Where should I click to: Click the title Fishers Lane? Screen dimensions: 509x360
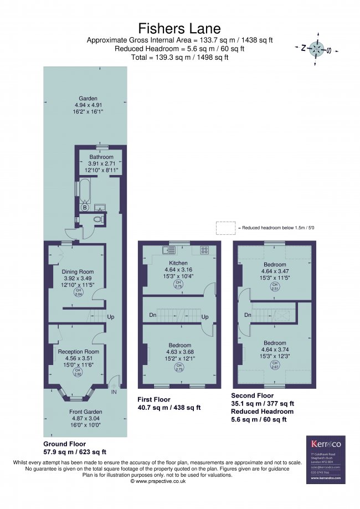(179, 28)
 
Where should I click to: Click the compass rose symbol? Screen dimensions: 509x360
(316, 49)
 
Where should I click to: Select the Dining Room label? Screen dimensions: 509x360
(78, 272)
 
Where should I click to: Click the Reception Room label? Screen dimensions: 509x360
(78, 351)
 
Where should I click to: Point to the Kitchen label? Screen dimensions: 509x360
(178, 263)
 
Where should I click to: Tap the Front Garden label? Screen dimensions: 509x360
(85, 412)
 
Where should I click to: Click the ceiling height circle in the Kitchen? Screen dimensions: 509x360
(178, 285)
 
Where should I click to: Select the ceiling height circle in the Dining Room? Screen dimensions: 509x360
(78, 292)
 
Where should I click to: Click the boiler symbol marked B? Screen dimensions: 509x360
(85, 208)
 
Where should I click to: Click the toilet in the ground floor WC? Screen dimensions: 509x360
(98, 220)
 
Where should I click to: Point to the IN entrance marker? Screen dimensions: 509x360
(114, 392)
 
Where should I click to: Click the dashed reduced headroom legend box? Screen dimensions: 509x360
(225, 228)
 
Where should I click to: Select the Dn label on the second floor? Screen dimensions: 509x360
(248, 315)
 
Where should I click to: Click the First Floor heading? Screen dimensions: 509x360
(154, 399)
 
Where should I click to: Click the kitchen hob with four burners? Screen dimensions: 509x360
(204, 250)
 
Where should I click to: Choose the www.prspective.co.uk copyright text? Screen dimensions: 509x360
(158, 481)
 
